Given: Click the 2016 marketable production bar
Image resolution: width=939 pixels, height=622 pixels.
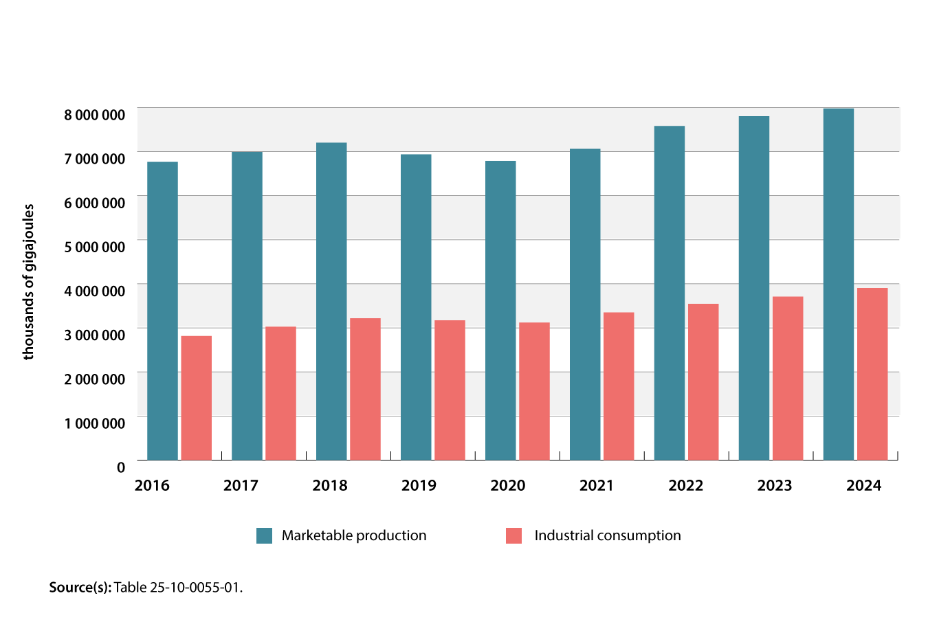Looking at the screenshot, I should point(162,311).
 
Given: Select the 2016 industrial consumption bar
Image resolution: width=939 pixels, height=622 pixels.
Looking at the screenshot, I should point(196,398).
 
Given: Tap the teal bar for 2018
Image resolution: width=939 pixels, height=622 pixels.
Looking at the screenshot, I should point(331,301).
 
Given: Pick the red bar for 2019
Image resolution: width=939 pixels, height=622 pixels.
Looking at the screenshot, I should point(450,390).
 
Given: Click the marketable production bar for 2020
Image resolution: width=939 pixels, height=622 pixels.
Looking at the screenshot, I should point(500,310).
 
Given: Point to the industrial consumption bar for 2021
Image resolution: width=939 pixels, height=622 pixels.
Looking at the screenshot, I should point(619,386).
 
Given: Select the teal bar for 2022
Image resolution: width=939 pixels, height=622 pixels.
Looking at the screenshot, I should point(670,293).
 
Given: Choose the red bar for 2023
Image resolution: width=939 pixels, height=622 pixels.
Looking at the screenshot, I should point(788,378).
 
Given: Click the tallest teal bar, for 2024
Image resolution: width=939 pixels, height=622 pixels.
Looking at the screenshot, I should point(838,284).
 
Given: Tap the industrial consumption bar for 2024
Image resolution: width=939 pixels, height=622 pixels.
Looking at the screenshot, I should point(872,374).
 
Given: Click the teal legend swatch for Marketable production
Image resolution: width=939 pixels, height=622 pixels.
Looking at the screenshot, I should point(264,536).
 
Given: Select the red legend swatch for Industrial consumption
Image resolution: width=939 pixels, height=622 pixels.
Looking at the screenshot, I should point(513,536).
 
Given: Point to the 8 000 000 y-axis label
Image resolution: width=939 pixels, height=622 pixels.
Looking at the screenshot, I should point(95,115).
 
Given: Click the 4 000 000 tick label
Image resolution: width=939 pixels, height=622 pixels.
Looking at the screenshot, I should point(95,291).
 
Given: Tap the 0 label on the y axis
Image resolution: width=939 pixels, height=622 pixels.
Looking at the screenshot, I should point(121,468).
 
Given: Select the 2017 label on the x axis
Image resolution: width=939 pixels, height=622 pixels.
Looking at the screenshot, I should point(241,486).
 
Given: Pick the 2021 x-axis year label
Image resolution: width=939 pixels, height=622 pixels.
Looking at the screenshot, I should point(596,486).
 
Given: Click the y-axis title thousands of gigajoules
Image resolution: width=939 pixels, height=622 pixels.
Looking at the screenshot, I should point(28,282).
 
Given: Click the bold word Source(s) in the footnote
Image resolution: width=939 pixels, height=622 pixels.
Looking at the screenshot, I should point(80,588).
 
